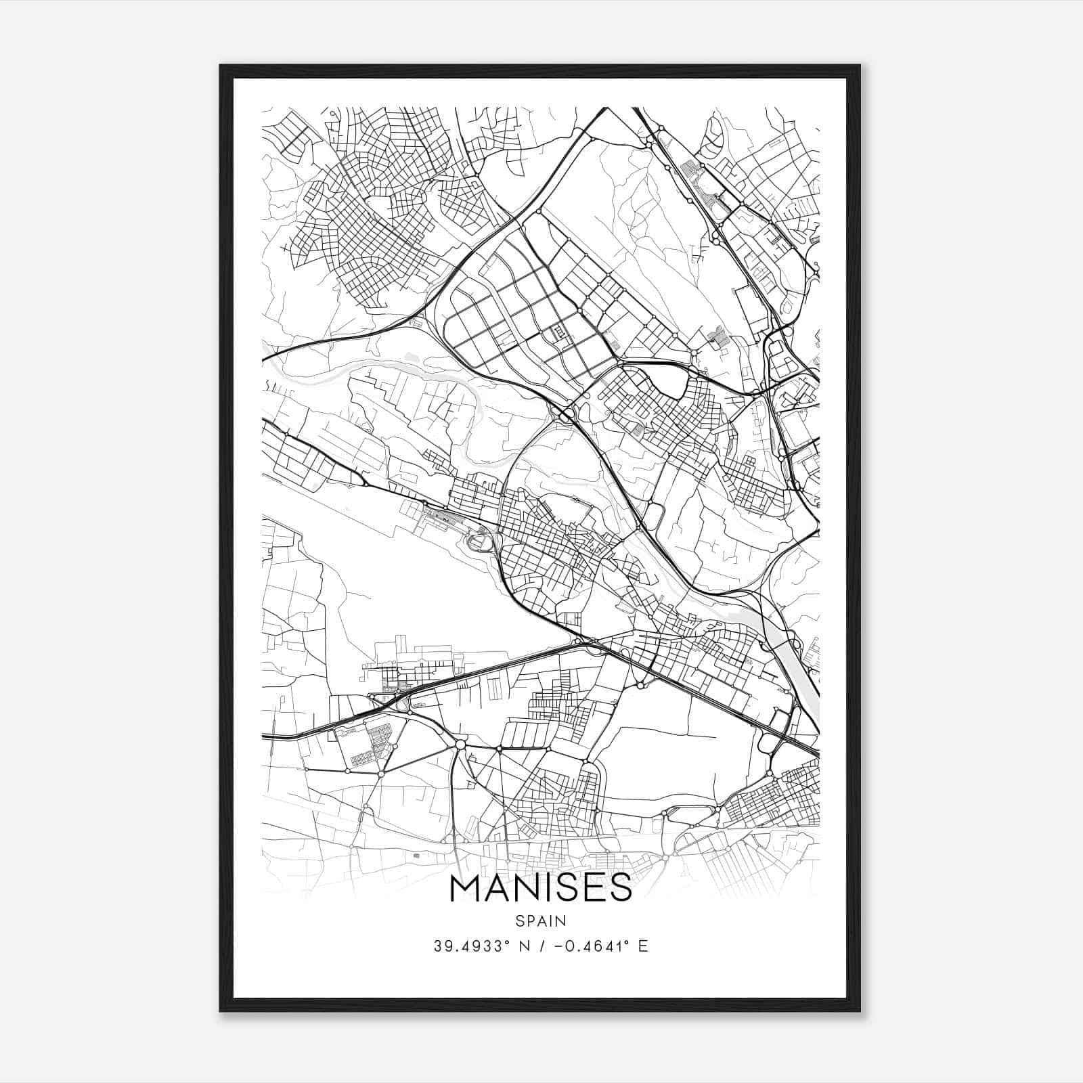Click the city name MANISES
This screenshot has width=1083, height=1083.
click(x=541, y=889)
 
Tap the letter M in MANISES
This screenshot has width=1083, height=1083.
click(x=466, y=889)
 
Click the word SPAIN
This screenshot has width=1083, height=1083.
click(x=541, y=921)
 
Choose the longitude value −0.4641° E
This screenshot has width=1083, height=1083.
click(x=601, y=946)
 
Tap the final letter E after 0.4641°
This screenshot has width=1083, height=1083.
click(x=644, y=946)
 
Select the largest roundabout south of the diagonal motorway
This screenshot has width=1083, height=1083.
click(x=460, y=745)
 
